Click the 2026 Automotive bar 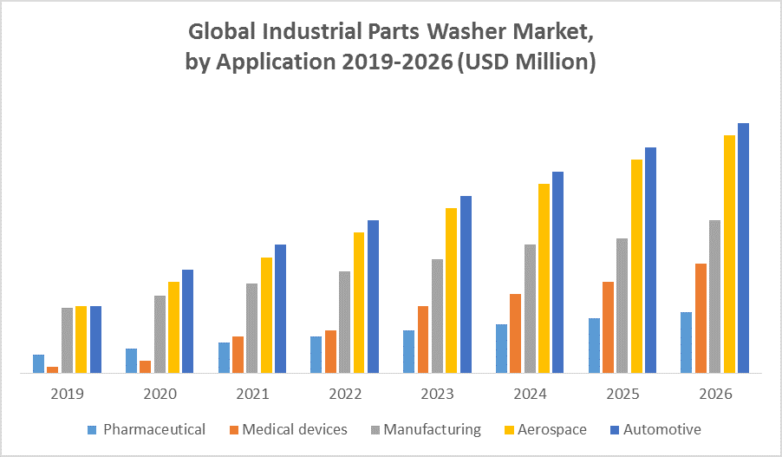tap(743, 248)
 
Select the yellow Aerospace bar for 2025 tap(636, 266)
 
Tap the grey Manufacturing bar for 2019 tap(67, 340)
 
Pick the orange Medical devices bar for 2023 tap(423, 339)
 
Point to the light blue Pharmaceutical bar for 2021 tap(224, 357)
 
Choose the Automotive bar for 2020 tap(187, 321)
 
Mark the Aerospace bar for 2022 tap(359, 303)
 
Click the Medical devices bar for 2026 tap(701, 318)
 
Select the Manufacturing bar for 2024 tap(530, 309)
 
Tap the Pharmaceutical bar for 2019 tap(38, 363)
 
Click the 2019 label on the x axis tap(67, 394)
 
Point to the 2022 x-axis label tap(345, 394)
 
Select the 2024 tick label tap(530, 394)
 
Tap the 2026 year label tap(715, 394)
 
